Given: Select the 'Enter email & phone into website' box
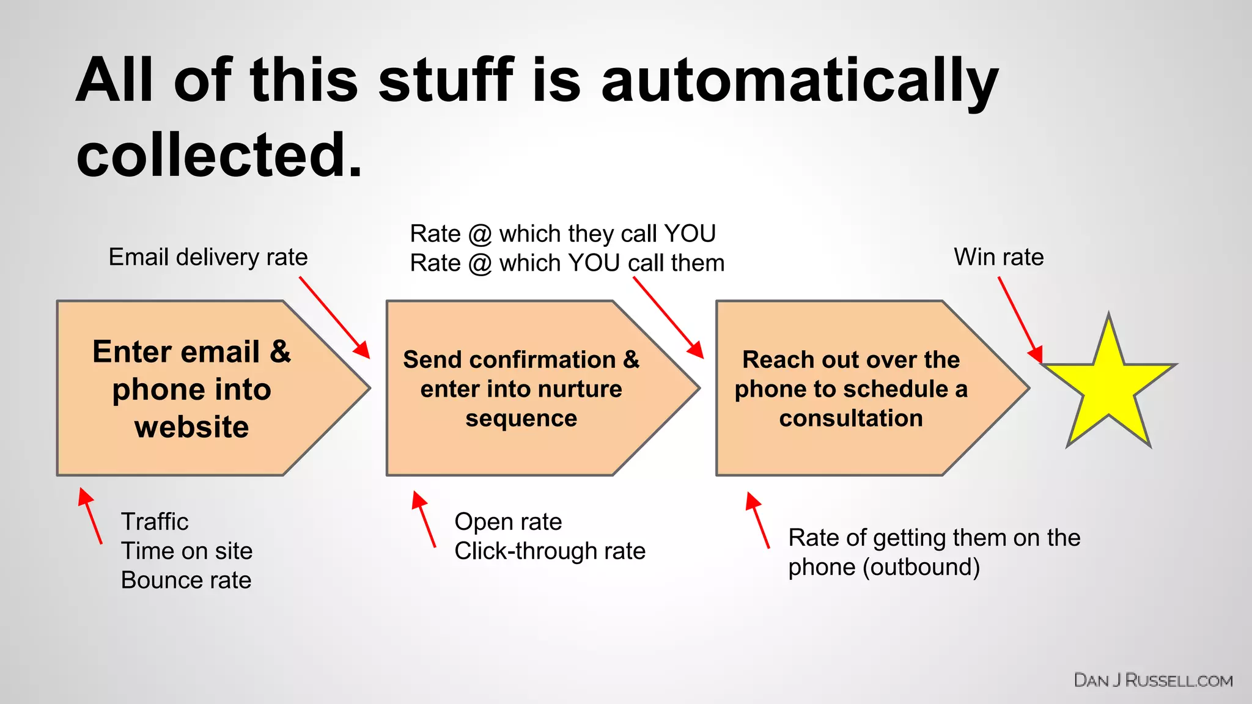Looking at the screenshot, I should pyautogui.click(x=191, y=389).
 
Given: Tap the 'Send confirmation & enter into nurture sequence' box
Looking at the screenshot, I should pyautogui.click(x=521, y=389).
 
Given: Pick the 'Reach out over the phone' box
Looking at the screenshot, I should pyautogui.click(x=851, y=389).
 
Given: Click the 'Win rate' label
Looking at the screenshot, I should pyautogui.click(x=998, y=257).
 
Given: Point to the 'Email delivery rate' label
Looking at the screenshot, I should pyautogui.click(x=208, y=257).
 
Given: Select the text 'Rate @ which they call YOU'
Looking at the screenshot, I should pyautogui.click(x=562, y=233).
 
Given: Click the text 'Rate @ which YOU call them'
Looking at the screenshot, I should pyautogui.click(x=567, y=263).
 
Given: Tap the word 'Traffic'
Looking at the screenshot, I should pyautogui.click(x=155, y=522).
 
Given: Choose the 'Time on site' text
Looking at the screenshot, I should pyautogui.click(x=186, y=551).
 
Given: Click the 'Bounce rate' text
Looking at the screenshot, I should pyautogui.click(x=186, y=580).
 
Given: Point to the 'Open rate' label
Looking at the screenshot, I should pyautogui.click(x=508, y=522).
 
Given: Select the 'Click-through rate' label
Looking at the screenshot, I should pyautogui.click(x=550, y=551).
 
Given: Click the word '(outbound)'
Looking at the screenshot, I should pyautogui.click(x=921, y=567).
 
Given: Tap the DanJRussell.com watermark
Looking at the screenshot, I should pyautogui.click(x=1153, y=680).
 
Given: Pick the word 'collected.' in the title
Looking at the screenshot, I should pyautogui.click(x=219, y=155).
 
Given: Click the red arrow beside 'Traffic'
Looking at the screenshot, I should pyautogui.click(x=90, y=515).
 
